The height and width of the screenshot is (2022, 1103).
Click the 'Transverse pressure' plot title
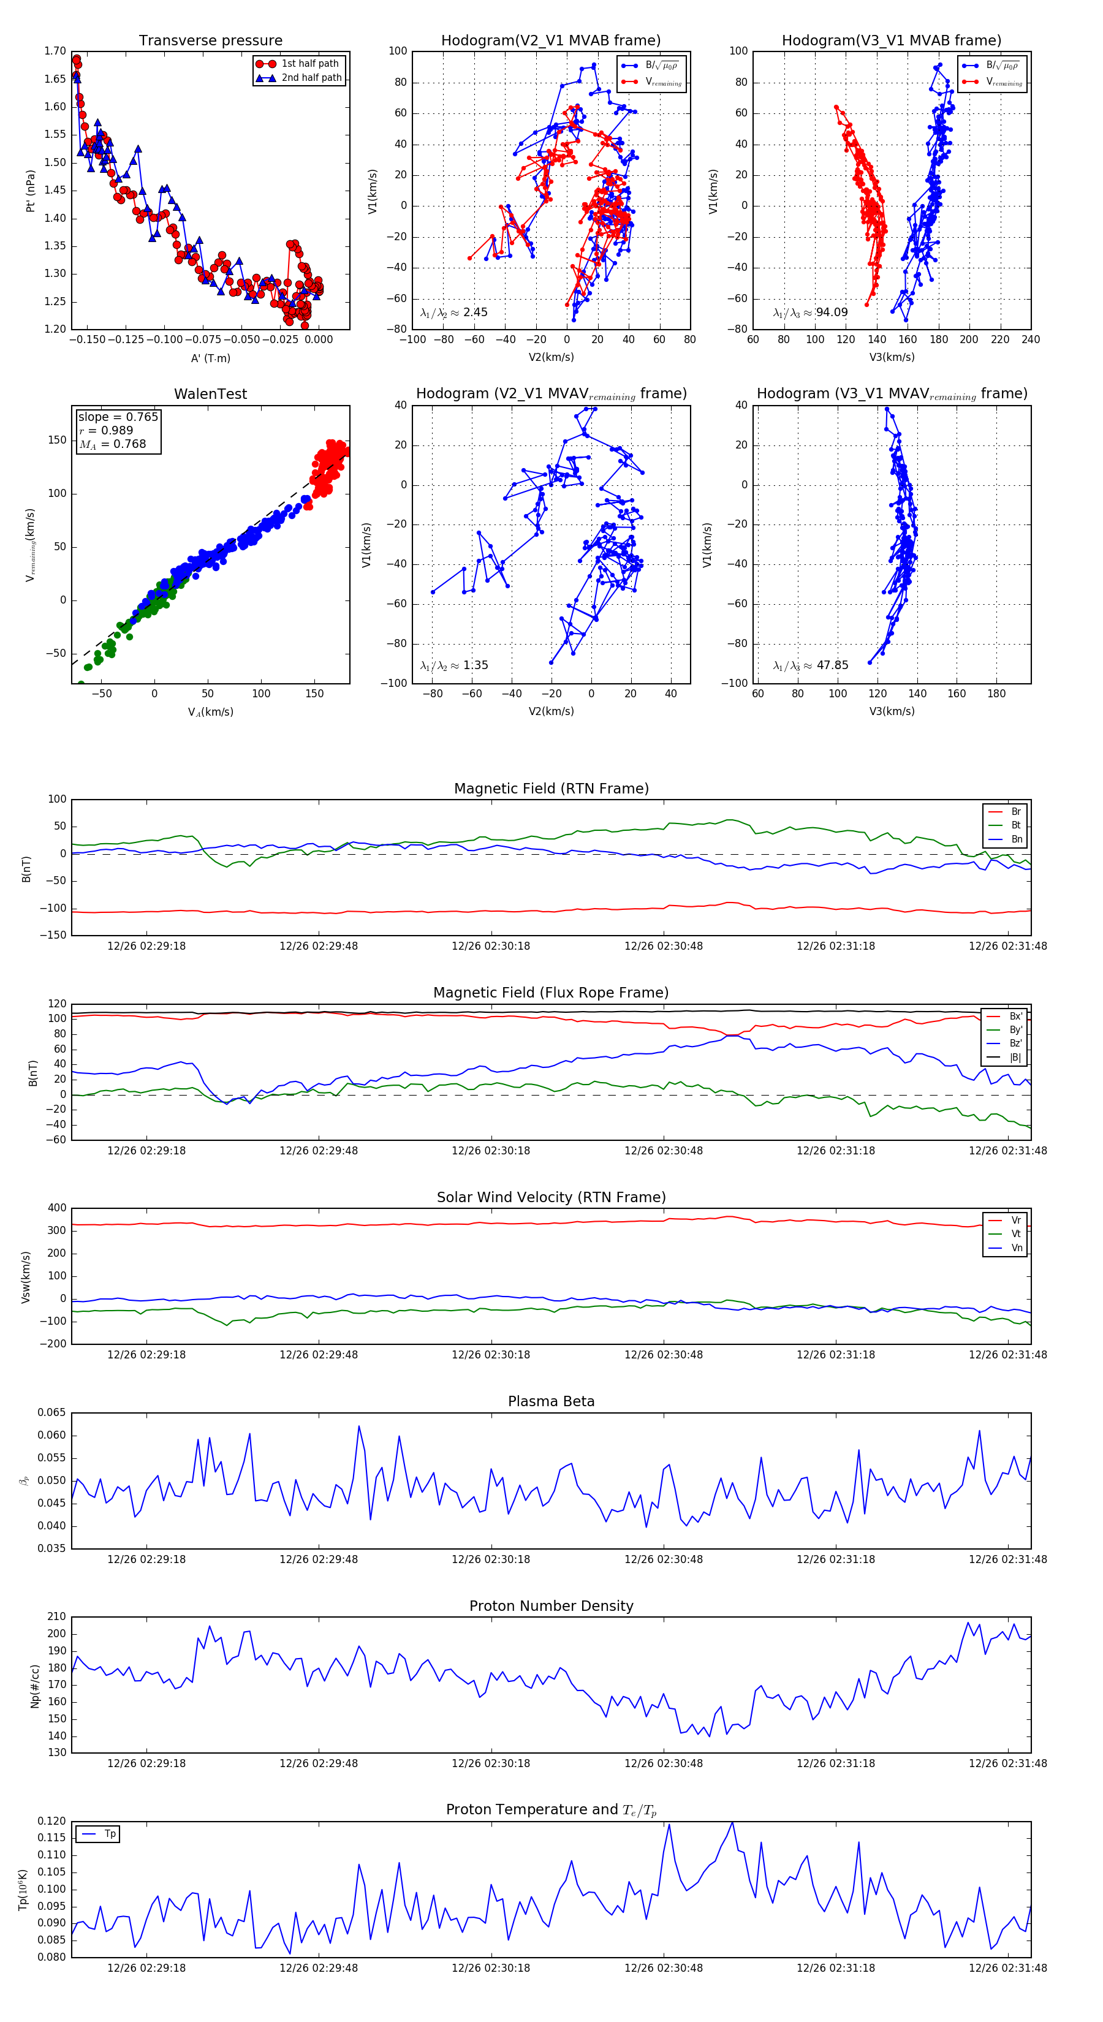click(x=210, y=41)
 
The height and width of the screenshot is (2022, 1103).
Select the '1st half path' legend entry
click(x=310, y=64)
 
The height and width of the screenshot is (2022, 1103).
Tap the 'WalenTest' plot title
click(x=210, y=394)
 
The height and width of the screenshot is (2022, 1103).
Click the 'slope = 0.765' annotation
click(x=118, y=417)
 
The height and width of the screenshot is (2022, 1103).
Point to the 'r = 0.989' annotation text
click(x=106, y=430)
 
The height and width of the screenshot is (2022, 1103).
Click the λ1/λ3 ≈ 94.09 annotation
click(x=810, y=312)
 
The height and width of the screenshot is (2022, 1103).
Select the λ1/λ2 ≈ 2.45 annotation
click(x=453, y=312)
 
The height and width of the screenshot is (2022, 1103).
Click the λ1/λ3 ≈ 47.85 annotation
click(x=810, y=665)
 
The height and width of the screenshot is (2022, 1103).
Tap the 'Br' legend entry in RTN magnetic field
click(x=1016, y=812)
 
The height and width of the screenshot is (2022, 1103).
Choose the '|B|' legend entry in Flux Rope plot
click(x=1015, y=1058)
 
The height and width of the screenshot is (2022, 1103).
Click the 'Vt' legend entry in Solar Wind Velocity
click(x=1016, y=1234)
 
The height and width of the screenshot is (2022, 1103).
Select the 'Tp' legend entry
click(x=110, y=1834)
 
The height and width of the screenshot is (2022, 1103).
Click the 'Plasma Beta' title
click(x=551, y=1401)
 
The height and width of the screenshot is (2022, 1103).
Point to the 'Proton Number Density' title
click(x=551, y=1606)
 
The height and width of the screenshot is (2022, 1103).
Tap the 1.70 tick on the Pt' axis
click(x=55, y=51)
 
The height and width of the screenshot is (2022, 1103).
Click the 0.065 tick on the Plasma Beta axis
click(x=52, y=1412)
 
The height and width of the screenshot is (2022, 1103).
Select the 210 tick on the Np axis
click(x=56, y=1616)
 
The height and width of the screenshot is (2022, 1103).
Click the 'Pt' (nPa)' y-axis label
click(x=31, y=191)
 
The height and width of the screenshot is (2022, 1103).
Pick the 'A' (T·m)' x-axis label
click(x=210, y=358)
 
